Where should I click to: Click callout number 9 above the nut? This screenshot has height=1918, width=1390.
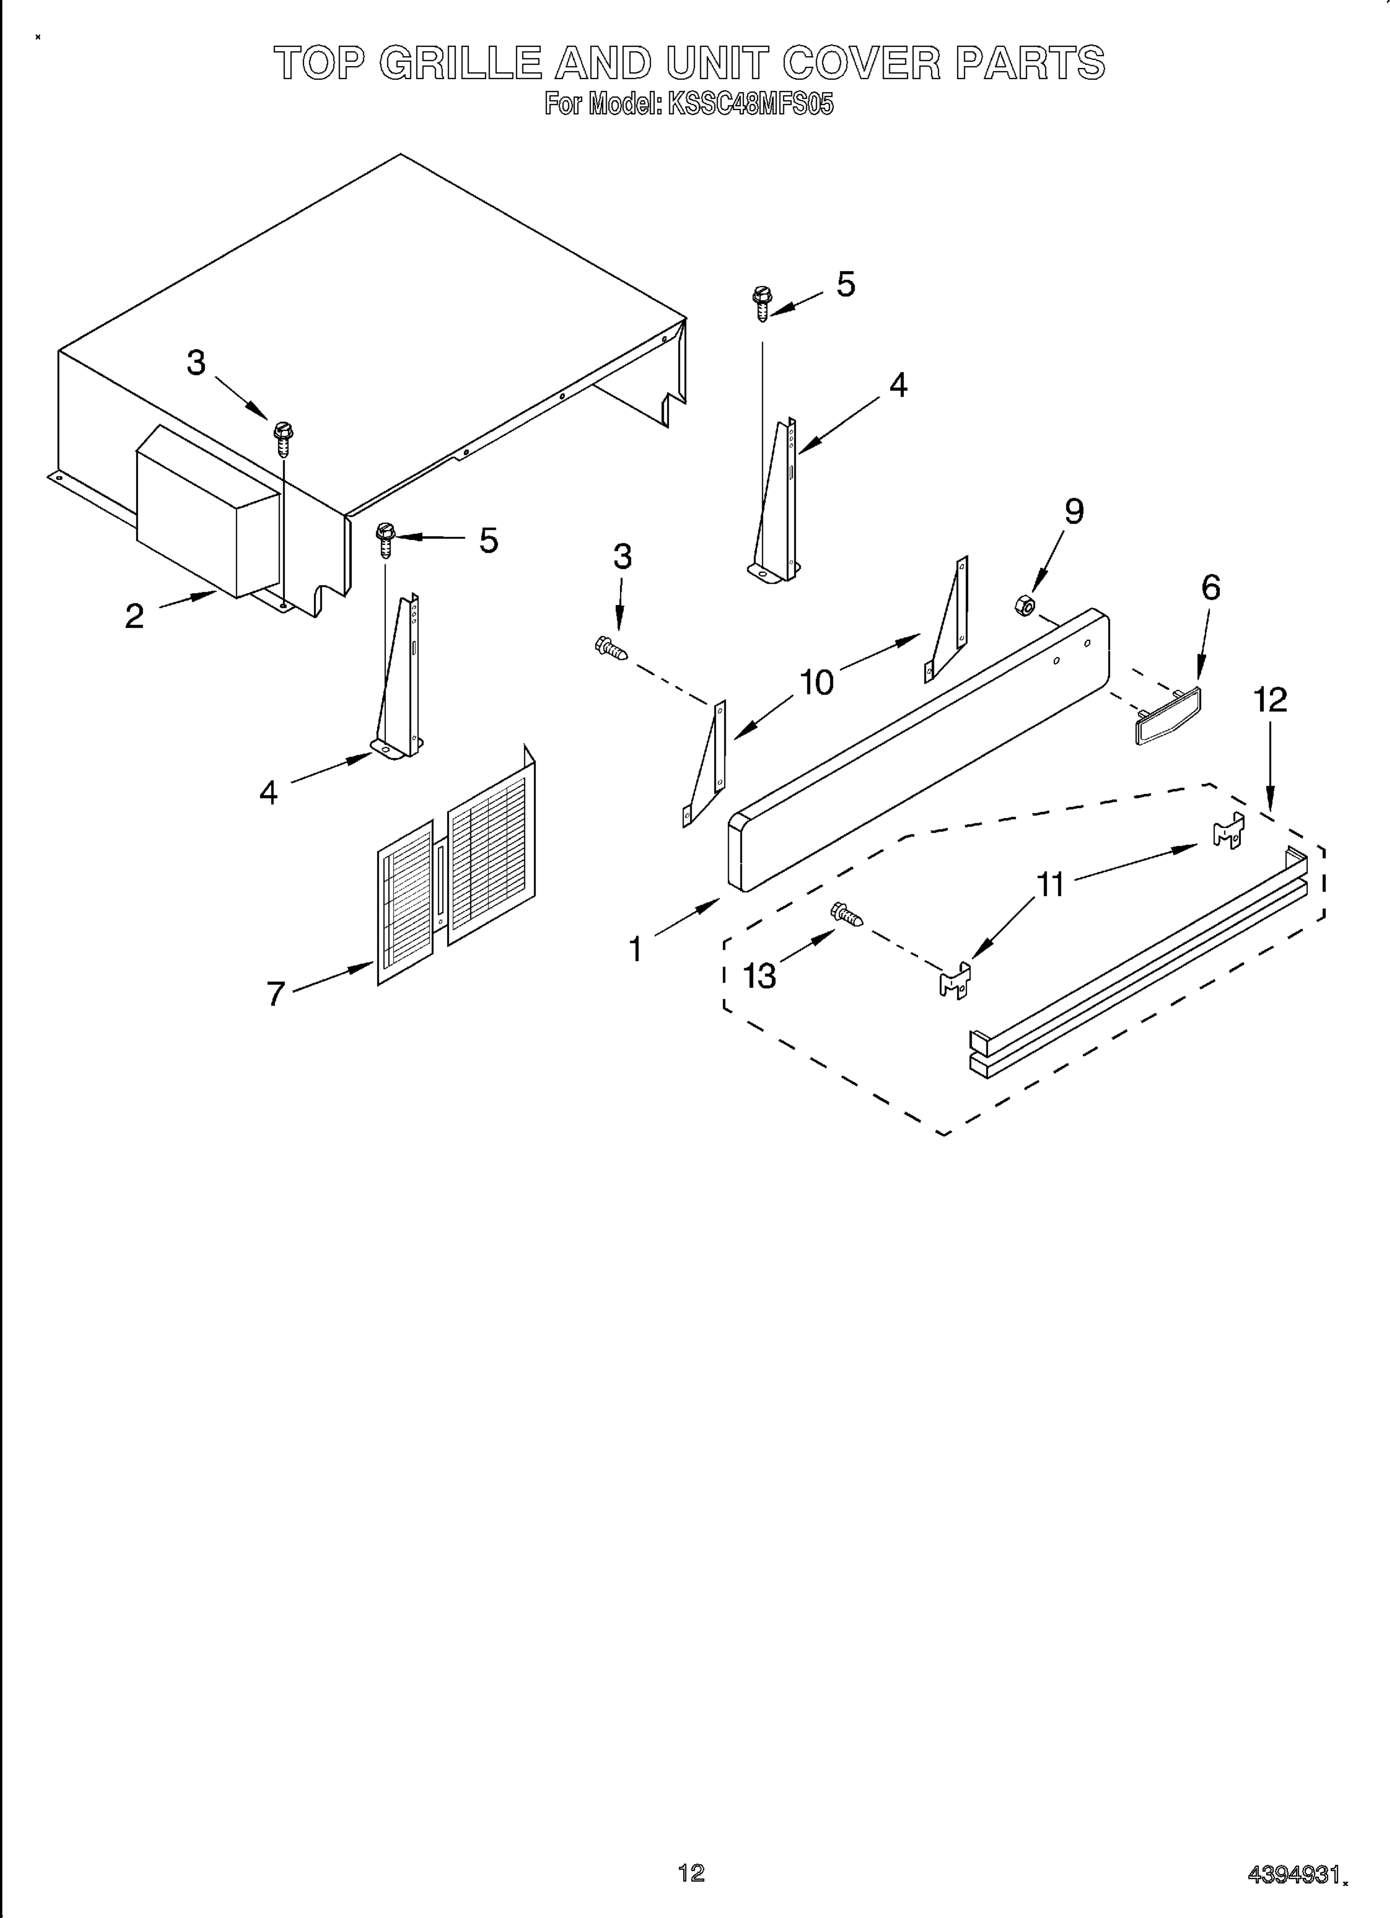pyautogui.click(x=1073, y=511)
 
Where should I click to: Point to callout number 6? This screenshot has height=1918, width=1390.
pyautogui.click(x=1211, y=587)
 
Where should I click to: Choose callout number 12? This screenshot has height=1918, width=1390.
pyautogui.click(x=1270, y=700)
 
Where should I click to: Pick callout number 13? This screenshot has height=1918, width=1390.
pyautogui.click(x=759, y=976)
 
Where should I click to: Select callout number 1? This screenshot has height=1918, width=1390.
pyautogui.click(x=635, y=949)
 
